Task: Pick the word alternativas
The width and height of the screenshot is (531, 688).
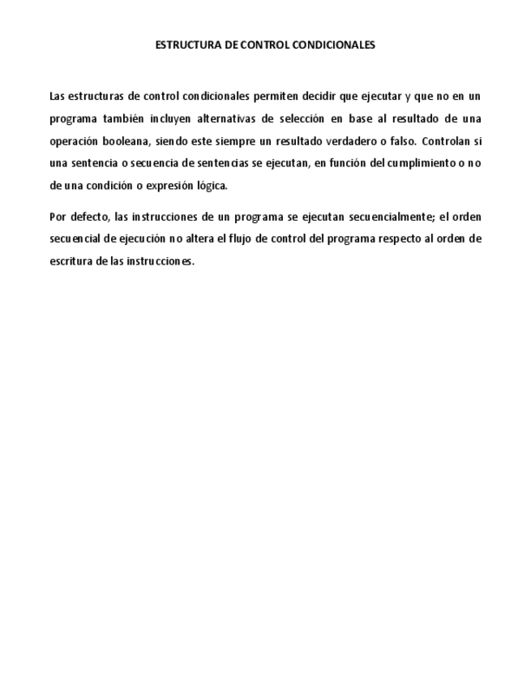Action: pos(227,118)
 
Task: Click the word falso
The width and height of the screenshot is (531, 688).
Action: pos(397,141)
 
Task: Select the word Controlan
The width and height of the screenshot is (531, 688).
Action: pos(444,141)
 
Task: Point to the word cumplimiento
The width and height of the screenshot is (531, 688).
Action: pos(421,163)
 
